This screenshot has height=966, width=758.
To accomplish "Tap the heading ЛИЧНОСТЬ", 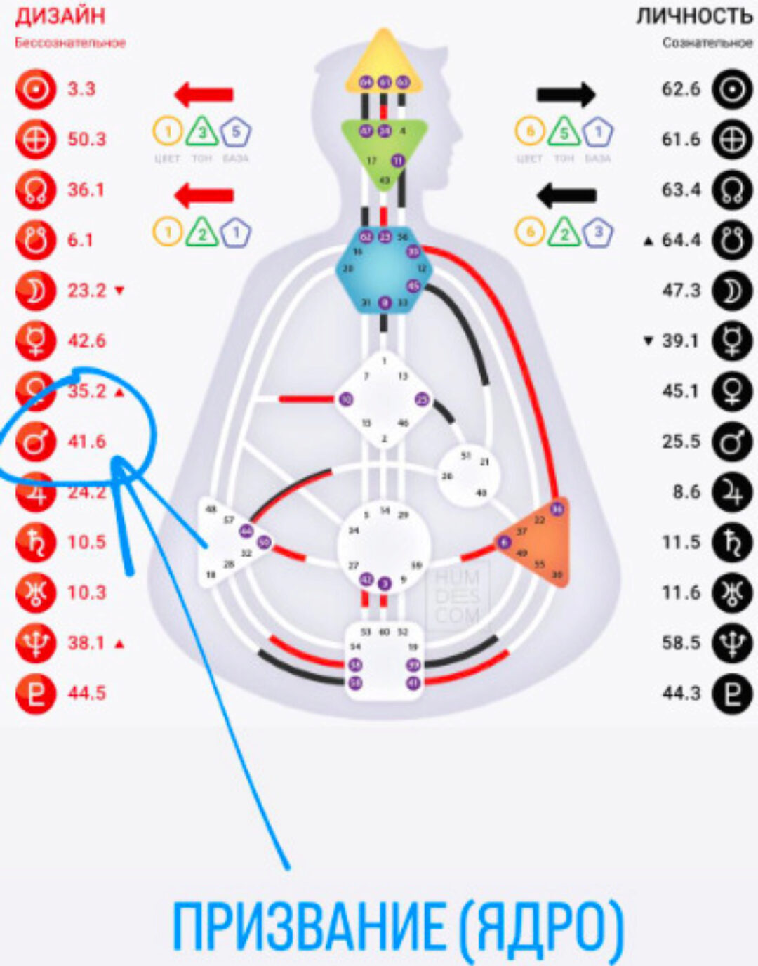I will coord(694,15).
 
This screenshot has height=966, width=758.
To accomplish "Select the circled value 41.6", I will coord(86,442).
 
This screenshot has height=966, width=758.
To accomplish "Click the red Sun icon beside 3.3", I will coord(35,89).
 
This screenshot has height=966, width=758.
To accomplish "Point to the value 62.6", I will coord(681,89).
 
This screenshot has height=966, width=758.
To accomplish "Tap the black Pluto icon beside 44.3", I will coord(732,693).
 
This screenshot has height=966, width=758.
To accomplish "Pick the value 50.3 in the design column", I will coord(86,139).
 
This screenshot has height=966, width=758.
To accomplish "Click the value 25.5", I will coord(681,442).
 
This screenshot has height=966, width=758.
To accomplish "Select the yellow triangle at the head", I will coord(383,67).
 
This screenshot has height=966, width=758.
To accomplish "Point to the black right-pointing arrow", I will coord(566,94).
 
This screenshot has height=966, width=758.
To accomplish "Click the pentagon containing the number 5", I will coord(236,131).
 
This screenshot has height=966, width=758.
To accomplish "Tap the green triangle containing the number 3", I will coord(201,132).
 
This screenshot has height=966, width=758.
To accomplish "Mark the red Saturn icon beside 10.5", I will coord(35,542).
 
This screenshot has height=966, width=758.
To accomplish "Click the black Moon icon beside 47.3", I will coord(732,291).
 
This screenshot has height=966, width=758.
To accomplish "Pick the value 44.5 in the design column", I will coord(86,693).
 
